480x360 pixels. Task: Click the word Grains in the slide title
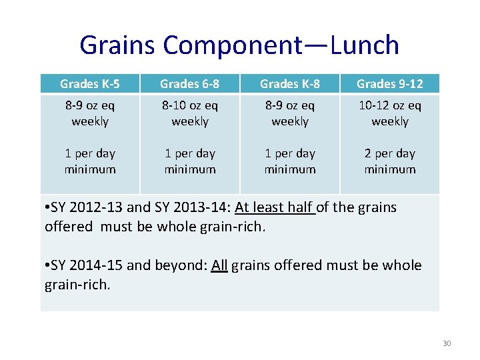pos(118,45)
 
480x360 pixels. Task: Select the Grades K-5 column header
pos(90,83)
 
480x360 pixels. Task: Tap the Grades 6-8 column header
pos(190,83)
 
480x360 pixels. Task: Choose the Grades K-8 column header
pos(290,83)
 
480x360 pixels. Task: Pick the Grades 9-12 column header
pos(390,83)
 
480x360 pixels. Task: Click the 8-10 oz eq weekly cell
pos(190,113)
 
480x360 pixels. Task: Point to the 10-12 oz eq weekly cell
pos(390,113)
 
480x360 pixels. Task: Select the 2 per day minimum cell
pos(390,161)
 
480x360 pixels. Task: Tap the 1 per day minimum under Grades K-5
pos(90,161)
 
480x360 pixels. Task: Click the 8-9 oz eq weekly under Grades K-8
pos(290,113)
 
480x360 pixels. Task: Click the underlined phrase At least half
pos(274,207)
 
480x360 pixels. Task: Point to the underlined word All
pos(219,266)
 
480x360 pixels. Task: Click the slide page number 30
pos(447,343)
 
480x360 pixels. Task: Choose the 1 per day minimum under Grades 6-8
pos(190,161)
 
